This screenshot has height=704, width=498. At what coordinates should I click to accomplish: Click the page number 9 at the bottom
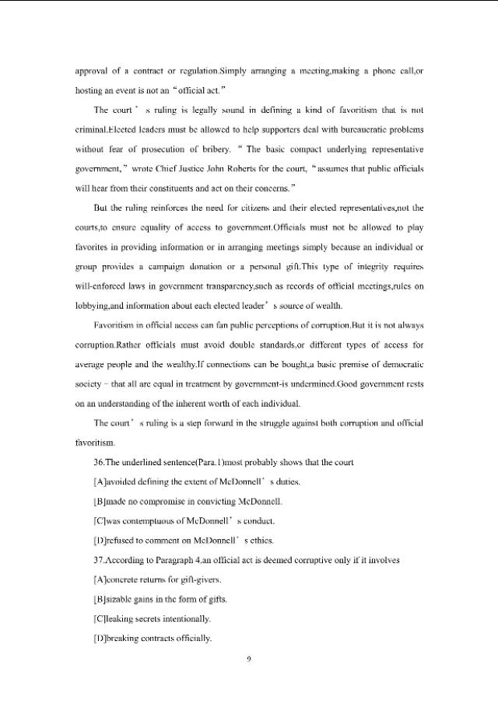point(248,660)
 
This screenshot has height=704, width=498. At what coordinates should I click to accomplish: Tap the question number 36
point(99,463)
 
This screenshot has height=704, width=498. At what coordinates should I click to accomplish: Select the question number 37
point(99,559)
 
